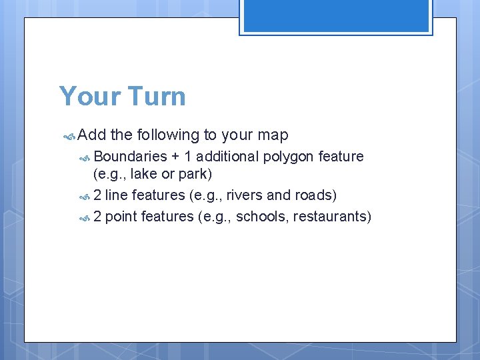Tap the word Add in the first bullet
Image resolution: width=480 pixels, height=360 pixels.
(92, 135)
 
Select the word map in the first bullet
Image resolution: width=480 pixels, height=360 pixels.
(273, 135)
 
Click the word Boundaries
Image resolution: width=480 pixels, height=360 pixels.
(131, 157)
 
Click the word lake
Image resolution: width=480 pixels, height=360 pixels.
(144, 175)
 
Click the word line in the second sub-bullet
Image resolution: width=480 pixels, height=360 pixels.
(117, 195)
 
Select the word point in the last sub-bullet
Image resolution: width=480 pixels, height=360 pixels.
(121, 217)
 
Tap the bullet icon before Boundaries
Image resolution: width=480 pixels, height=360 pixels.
(85, 157)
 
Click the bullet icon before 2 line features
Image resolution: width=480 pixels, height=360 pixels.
(85, 196)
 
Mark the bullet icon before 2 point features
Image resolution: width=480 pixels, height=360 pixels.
(85, 217)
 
